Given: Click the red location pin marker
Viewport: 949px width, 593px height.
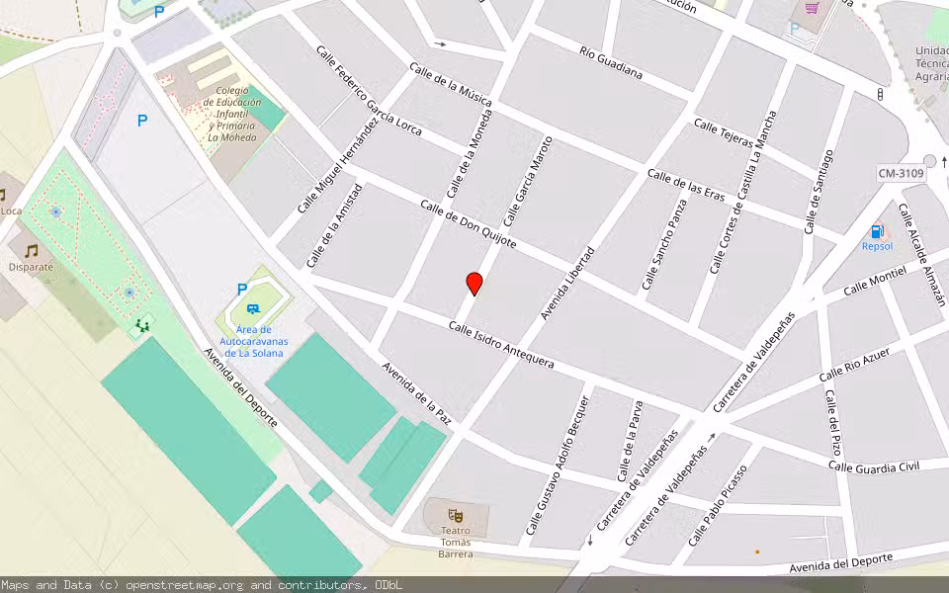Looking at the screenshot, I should (474, 284).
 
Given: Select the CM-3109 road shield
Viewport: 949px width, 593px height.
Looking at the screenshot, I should (901, 174).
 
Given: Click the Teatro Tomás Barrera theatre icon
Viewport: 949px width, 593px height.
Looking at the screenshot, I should (456, 515).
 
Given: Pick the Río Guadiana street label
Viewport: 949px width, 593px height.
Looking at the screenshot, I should (611, 62).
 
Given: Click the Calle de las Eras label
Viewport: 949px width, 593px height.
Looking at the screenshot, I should (686, 185).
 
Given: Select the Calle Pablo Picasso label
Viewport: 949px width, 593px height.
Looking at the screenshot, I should (718, 505).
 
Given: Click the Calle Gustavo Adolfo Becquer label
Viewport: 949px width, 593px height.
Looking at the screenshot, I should (559, 466).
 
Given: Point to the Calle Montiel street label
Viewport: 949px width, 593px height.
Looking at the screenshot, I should (874, 279).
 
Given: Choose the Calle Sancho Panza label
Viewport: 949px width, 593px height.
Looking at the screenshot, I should (665, 244).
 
